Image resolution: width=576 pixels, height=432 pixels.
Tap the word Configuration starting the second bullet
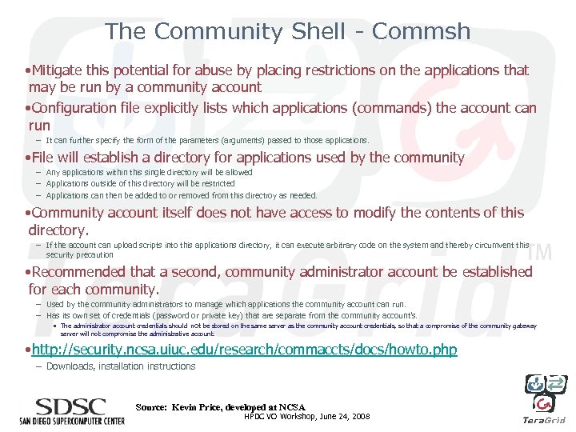78,108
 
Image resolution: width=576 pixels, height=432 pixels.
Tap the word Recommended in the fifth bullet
78,272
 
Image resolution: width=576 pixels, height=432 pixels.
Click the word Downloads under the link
68,366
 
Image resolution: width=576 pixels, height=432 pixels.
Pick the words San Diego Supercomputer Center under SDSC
72,420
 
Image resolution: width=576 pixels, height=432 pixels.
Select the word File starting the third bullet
46,158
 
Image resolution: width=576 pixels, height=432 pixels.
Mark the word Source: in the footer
151,407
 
